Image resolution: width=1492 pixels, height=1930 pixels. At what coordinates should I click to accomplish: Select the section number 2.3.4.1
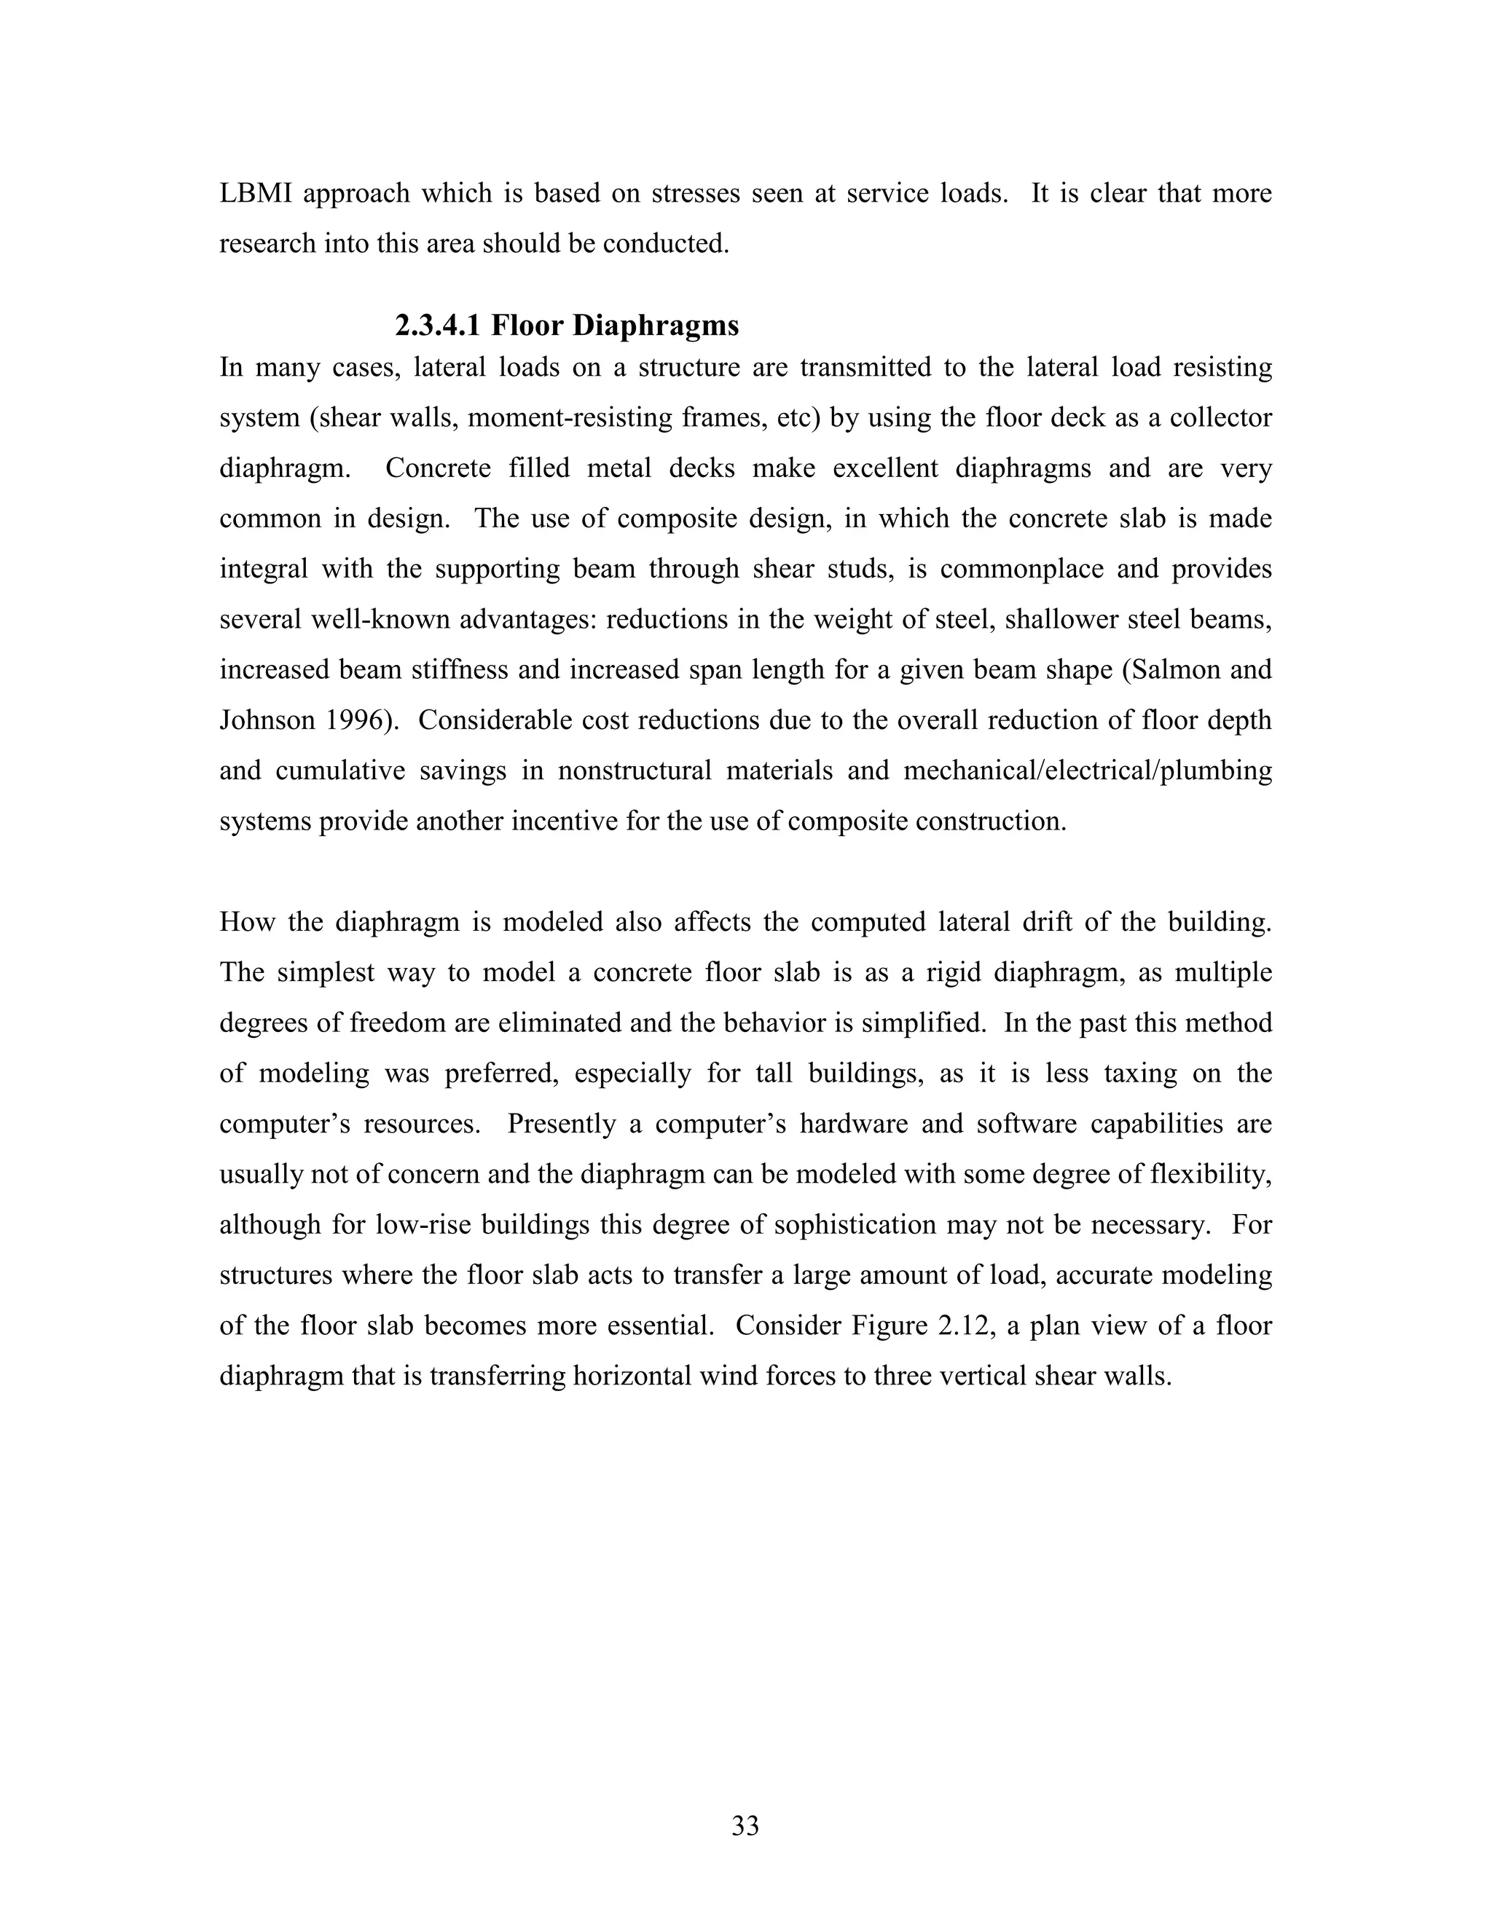[438, 326]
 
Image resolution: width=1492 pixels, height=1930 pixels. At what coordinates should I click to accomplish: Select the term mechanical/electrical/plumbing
[1087, 771]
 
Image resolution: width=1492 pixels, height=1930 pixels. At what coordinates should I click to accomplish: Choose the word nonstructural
[635, 771]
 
